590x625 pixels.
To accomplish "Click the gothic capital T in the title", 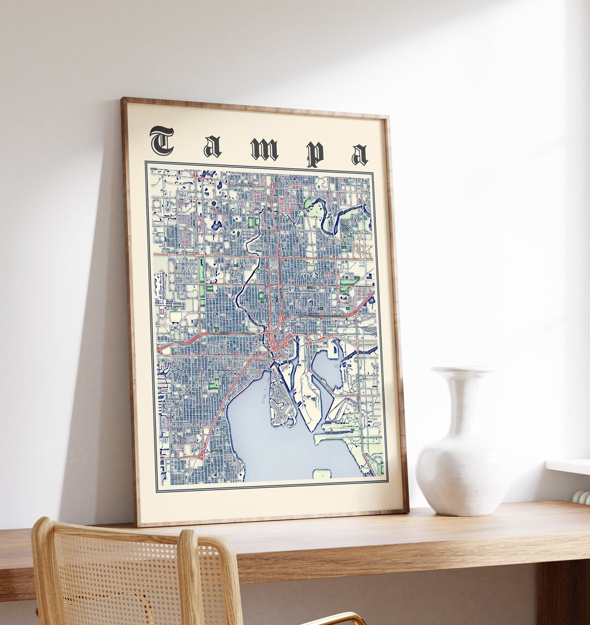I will pos(162,140).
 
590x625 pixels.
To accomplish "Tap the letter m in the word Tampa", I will pos(264,149).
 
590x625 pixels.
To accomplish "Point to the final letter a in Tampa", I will pos(359,155).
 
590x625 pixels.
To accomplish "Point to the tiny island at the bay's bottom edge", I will pos(322,474).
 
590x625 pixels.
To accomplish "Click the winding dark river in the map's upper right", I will pos(333,219).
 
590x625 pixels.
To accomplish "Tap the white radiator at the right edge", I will pos(581,496).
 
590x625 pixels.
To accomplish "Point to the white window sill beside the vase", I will pos(568,466).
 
